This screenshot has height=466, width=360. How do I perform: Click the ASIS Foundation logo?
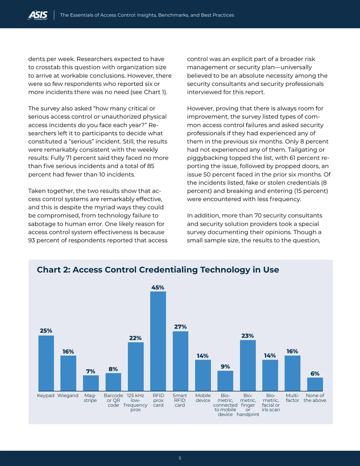coord(38,15)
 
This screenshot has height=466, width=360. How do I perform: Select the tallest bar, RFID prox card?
coord(158,341)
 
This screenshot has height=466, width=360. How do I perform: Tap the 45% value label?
coord(157,287)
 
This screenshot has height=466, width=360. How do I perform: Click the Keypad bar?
coord(46,363)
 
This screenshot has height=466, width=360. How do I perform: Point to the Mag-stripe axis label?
coord(90,398)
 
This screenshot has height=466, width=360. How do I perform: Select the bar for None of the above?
coord(315,384)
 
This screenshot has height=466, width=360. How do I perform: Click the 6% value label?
coord(315,374)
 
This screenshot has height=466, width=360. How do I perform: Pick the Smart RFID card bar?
coord(180,361)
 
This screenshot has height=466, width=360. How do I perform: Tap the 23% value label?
coord(247,336)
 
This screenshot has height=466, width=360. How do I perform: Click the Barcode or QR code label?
coord(113,400)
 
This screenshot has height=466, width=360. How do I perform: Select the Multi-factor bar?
coord(292,373)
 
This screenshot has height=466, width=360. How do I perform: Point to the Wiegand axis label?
coord(67,396)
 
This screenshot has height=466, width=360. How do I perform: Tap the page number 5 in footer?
coord(180,458)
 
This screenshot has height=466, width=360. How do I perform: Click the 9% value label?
coord(225,366)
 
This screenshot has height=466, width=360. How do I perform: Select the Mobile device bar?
coord(203,376)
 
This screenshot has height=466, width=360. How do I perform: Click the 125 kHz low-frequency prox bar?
coord(136,367)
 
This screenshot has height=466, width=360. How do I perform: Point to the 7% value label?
coord(90,371)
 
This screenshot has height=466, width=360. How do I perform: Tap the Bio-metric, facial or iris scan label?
coord(270,403)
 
